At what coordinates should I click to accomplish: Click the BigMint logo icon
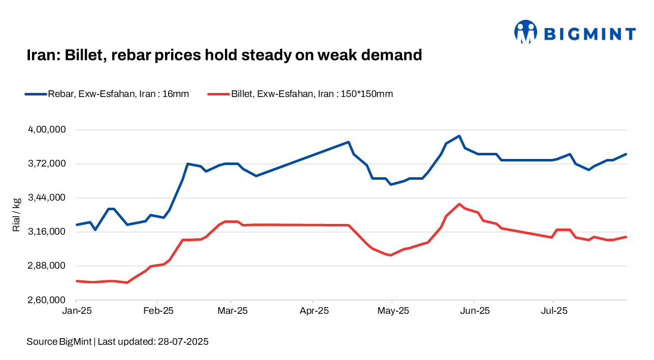pyautogui.click(x=526, y=32)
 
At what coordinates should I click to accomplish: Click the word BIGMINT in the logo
pyautogui.click(x=590, y=35)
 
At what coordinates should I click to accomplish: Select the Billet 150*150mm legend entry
pyautogui.click(x=301, y=94)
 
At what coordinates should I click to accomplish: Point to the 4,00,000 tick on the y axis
pyautogui.click(x=47, y=130)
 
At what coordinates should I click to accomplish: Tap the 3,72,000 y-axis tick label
pyautogui.click(x=47, y=164)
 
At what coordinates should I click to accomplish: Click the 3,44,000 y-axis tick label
pyautogui.click(x=47, y=198)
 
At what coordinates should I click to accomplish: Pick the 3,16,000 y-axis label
pyautogui.click(x=47, y=232)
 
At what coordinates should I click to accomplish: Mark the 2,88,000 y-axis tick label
pyautogui.click(x=47, y=266)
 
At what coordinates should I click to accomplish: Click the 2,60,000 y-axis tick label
pyautogui.click(x=47, y=300)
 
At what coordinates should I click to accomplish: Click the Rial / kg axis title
pyautogui.click(x=17, y=215)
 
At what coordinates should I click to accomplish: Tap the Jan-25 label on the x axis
pyautogui.click(x=76, y=311)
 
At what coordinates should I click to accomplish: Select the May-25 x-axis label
pyautogui.click(x=393, y=311)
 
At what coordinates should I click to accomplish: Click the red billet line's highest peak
pyautogui.click(x=459, y=204)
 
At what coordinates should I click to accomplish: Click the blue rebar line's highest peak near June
pyautogui.click(x=459, y=136)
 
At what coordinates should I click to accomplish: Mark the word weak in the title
pyautogui.click(x=340, y=54)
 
